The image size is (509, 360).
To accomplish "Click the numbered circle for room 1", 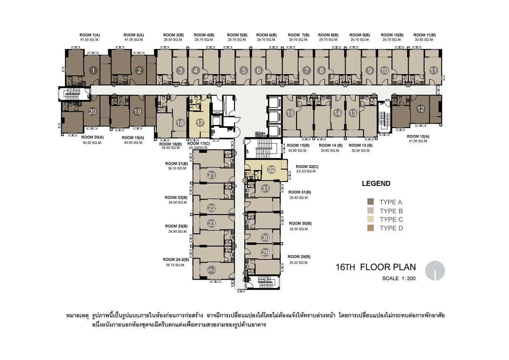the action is coord(93,71).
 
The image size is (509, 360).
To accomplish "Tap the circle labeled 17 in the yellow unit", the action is coord(200,123).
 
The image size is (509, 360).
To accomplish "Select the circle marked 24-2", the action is coord(211,270).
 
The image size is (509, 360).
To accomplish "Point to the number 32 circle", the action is coord(271,170).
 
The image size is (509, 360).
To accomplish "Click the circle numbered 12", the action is coord(420,109).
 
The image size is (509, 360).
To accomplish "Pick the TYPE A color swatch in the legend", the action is coord(371,202).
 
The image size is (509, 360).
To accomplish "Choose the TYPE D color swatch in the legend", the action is coord(371,228).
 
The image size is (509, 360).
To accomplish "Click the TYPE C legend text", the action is coord(391,219).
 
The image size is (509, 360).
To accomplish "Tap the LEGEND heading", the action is coord(376,183).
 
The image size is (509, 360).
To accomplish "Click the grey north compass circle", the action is coord(435,270).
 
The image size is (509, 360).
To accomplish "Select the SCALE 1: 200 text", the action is coord(399,278).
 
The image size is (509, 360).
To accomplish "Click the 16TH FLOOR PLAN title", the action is coord(375,267).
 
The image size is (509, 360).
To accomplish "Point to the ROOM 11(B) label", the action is coord(424,35).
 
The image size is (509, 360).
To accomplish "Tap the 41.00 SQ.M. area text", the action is coord(134,39).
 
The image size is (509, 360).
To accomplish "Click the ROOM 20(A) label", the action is coord(92,137).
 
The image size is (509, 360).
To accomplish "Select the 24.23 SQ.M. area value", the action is coord(306,171).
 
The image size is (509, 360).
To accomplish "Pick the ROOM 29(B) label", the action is coord(299,256).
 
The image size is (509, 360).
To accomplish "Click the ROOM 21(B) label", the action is coord(177,164).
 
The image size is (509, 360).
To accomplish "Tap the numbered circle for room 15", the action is coord(290,113).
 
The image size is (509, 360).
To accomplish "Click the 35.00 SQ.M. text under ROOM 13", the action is coord(361,150).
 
